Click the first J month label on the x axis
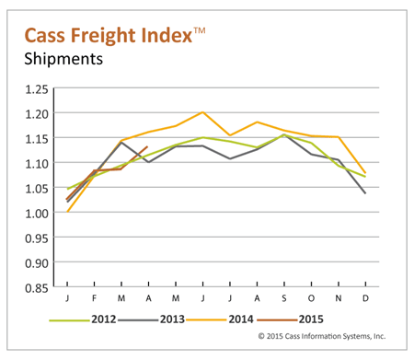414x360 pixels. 68,300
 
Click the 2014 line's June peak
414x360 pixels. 201,112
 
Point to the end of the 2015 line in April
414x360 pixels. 147,147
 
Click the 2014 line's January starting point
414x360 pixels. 68,212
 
